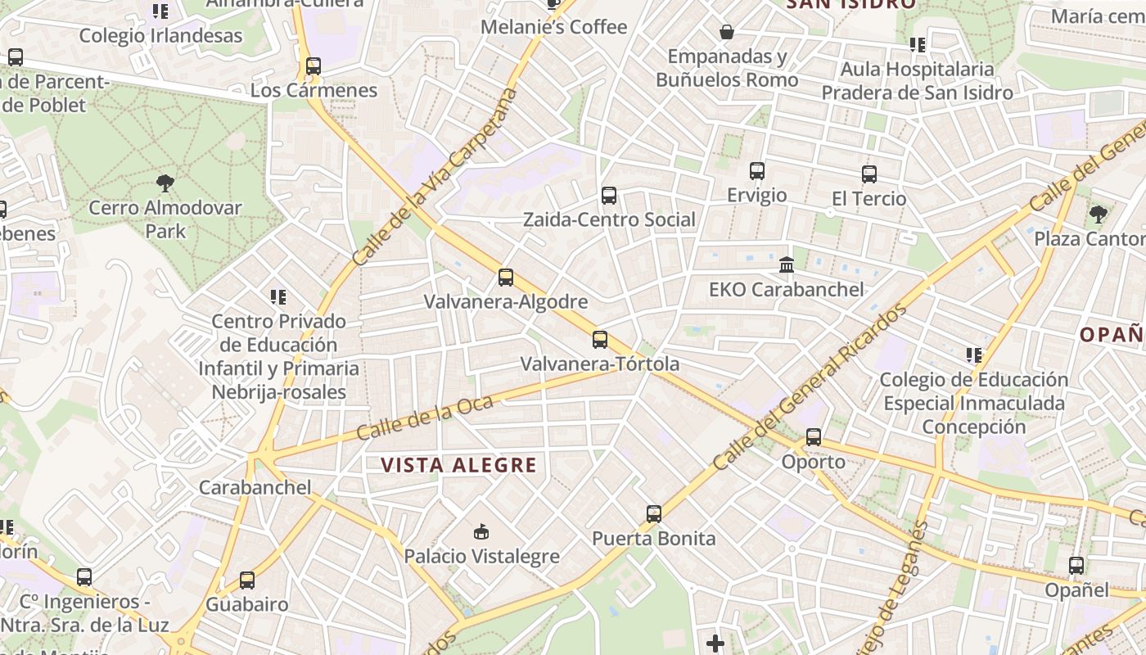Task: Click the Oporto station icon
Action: click(813, 437)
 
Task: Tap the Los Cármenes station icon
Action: click(313, 66)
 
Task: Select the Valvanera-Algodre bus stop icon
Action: click(506, 278)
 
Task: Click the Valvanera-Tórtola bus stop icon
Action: click(600, 340)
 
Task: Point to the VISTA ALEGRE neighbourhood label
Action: click(458, 466)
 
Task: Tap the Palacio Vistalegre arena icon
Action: click(481, 532)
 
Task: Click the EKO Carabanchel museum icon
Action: click(787, 264)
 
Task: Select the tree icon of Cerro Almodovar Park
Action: click(165, 183)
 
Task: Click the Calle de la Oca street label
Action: click(425, 417)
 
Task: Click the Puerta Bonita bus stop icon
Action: click(653, 514)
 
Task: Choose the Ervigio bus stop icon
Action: click(757, 171)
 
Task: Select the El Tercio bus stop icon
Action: click(869, 174)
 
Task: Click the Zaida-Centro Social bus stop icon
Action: click(609, 196)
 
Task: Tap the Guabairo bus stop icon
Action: click(247, 580)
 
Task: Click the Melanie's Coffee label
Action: click(553, 27)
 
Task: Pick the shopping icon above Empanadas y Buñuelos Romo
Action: click(726, 32)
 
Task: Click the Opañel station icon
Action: click(1076, 566)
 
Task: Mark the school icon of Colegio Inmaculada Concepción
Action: click(973, 355)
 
